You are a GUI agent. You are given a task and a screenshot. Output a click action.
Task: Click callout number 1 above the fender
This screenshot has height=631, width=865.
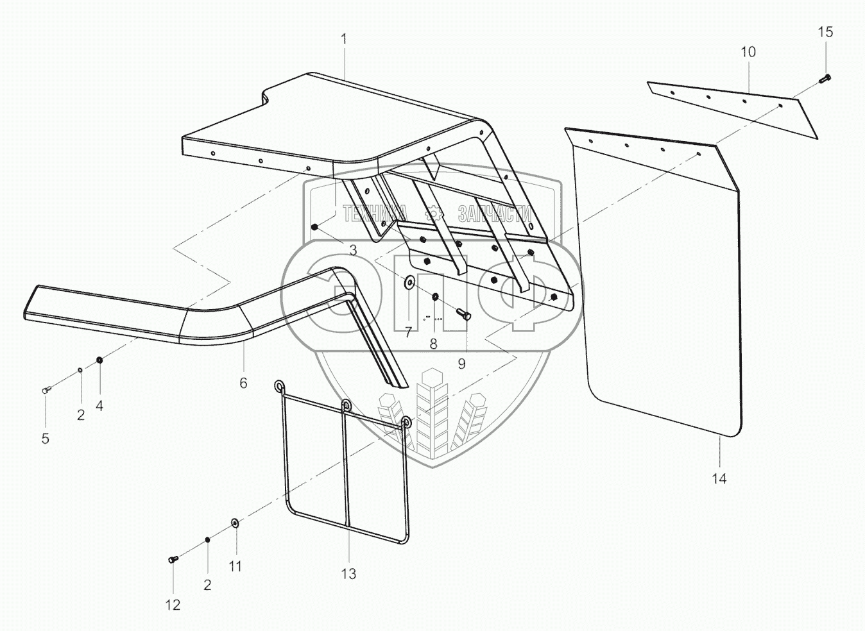click(x=344, y=38)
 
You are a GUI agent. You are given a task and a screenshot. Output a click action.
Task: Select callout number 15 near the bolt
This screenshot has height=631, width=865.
click(x=825, y=32)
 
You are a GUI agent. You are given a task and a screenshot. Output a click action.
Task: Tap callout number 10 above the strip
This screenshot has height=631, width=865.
click(x=748, y=52)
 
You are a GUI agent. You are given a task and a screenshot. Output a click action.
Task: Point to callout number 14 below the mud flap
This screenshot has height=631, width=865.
click(x=719, y=478)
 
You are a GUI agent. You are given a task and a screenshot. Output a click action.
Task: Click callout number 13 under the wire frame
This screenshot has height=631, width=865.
click(x=348, y=574)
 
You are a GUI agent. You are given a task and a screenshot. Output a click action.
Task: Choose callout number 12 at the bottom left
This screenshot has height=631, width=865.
click(x=173, y=605)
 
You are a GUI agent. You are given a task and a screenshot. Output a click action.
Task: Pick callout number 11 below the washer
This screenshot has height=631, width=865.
click(x=236, y=566)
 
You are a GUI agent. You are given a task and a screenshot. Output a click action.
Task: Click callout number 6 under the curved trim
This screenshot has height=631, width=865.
click(x=243, y=383)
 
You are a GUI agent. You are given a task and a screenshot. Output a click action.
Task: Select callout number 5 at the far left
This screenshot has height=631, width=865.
click(x=46, y=439)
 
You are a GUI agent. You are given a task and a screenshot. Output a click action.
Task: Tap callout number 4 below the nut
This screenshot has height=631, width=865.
click(x=99, y=405)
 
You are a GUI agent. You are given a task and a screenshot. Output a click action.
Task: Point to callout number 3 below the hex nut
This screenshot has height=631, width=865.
click(x=353, y=250)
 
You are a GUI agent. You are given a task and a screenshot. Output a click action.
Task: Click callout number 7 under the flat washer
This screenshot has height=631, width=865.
click(x=407, y=332)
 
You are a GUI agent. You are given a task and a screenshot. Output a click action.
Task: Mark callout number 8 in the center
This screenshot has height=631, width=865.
click(x=433, y=344)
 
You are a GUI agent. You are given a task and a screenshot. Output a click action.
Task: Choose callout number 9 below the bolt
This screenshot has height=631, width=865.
click(x=461, y=364)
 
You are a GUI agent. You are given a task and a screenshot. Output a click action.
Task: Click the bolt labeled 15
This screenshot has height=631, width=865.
click(x=825, y=79)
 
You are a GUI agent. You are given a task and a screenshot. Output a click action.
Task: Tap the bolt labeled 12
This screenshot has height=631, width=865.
click(x=173, y=560)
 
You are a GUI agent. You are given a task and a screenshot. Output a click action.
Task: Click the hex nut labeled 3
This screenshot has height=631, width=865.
click(x=314, y=227)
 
